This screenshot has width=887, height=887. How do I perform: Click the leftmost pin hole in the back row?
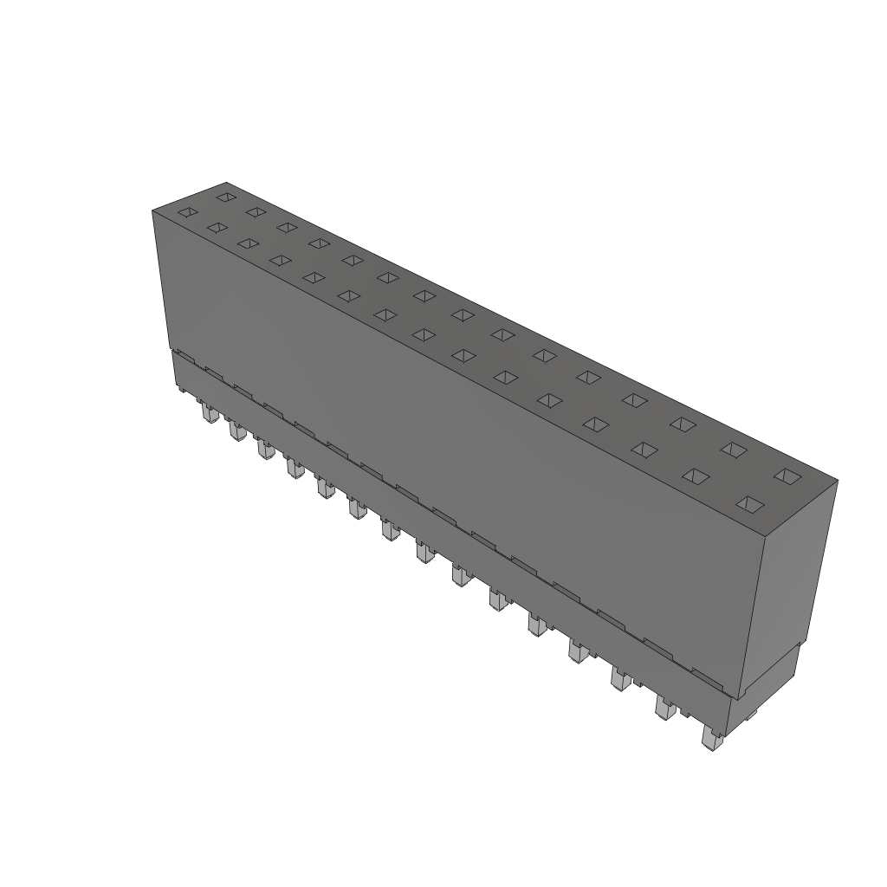pos(225,197)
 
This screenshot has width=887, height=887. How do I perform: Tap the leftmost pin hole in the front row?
pos(187,212)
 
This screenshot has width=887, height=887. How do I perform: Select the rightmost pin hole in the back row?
pos(787,476)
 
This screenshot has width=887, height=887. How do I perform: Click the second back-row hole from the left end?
pos(255,211)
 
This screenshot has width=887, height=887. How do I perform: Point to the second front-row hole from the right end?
pos(695,476)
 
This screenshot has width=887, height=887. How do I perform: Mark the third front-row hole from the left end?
pos(249,243)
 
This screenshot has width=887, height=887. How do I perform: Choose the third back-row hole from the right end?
pos(683,424)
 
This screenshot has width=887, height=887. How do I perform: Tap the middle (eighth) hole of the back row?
pos(463,314)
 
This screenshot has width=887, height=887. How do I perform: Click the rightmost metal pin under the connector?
pos(711,739)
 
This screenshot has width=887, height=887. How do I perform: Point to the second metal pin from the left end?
pos(235,430)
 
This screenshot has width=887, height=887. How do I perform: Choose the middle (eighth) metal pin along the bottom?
pos(424,552)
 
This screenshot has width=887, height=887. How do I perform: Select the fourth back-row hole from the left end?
pos(319,243)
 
